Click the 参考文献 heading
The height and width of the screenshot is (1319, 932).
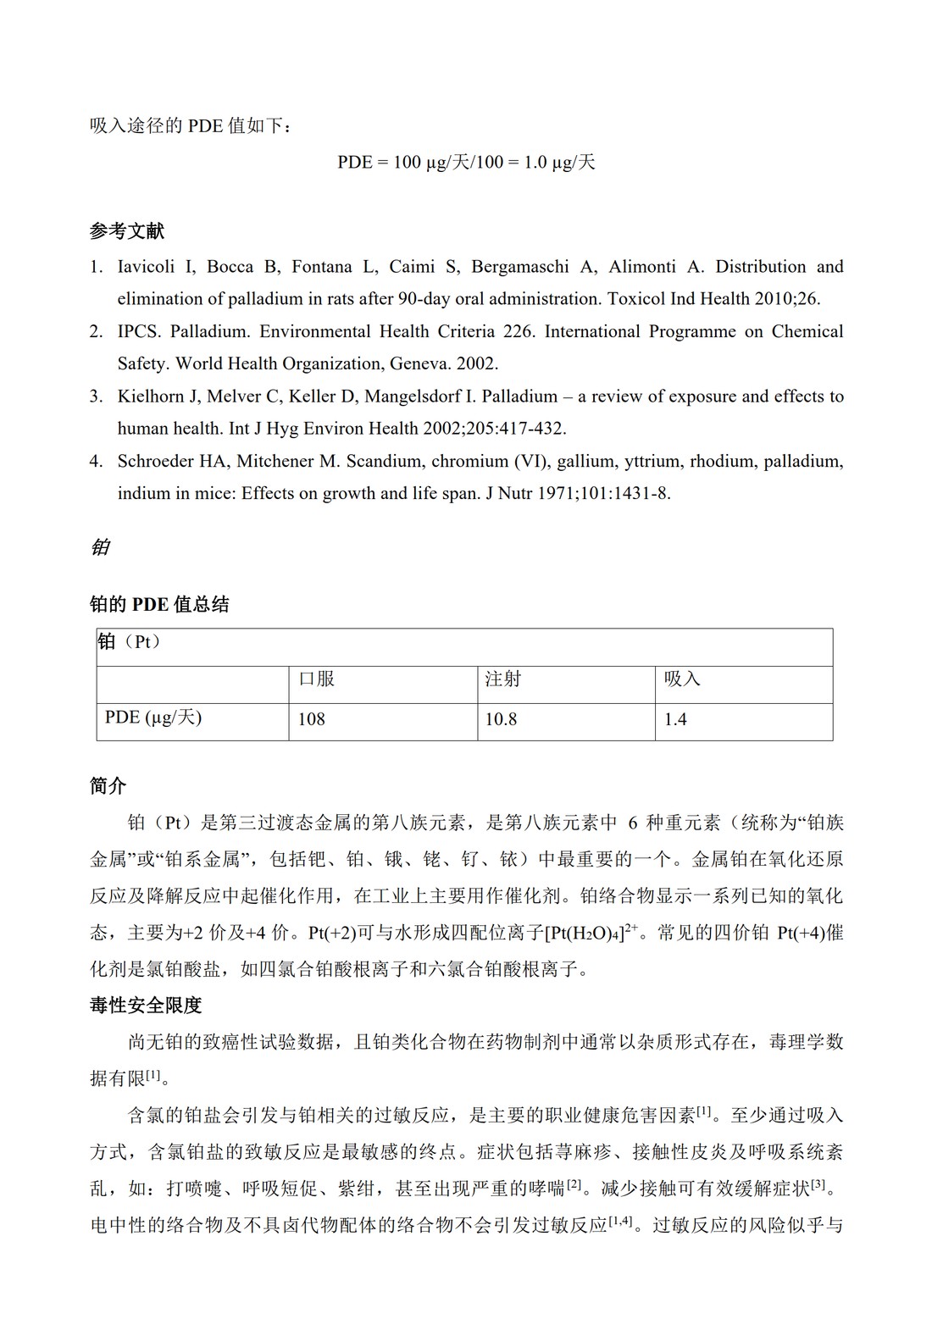click(x=127, y=231)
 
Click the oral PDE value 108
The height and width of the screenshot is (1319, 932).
click(x=312, y=719)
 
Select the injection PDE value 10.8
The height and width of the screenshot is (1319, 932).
click(x=501, y=719)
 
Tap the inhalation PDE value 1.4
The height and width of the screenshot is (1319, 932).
click(x=675, y=719)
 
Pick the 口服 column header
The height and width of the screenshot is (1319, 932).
click(x=317, y=679)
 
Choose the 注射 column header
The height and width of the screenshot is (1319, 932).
click(x=503, y=679)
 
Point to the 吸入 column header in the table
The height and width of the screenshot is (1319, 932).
click(x=682, y=679)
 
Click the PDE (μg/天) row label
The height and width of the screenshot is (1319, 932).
click(x=153, y=718)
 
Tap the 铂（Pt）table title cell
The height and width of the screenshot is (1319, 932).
click(x=129, y=642)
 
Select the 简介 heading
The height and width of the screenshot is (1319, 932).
click(x=108, y=786)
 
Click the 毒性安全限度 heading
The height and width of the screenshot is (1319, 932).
click(x=146, y=1006)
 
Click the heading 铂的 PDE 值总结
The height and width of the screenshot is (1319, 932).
click(x=159, y=605)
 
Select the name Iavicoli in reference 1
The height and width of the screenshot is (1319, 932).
click(x=145, y=267)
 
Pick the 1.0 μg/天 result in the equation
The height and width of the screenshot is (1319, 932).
click(x=559, y=162)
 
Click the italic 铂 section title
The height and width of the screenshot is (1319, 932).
click(x=100, y=548)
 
